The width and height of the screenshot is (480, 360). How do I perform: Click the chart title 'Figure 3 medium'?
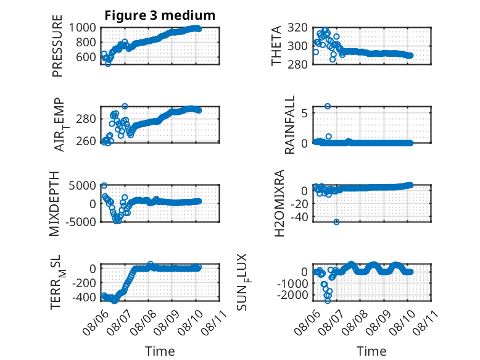tap(160, 15)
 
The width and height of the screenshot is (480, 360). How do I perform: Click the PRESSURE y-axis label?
tap(57, 46)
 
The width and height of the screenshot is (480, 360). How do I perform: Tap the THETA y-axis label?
tap(276, 46)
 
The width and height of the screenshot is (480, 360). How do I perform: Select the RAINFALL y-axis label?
tap(289, 125)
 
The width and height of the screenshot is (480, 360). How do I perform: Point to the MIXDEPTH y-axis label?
tap(54, 204)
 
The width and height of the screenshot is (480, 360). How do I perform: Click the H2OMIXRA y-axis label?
tap(279, 203)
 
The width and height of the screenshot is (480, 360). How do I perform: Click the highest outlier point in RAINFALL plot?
tap(328, 106)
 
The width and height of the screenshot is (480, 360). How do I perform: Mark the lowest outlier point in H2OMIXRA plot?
tap(336, 222)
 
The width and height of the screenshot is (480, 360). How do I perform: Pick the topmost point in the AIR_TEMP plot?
tap(125, 106)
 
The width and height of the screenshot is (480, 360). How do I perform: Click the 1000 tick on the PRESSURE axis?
tap(82, 28)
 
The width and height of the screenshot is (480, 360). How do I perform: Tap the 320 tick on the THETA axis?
tap(297, 28)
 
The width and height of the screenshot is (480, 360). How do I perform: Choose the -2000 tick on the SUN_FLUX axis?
tap(292, 295)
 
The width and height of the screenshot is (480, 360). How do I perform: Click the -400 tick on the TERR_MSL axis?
tap(84, 297)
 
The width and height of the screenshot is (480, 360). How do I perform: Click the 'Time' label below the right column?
tap(371, 351)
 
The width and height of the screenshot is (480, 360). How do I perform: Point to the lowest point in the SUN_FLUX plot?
tap(328, 301)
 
